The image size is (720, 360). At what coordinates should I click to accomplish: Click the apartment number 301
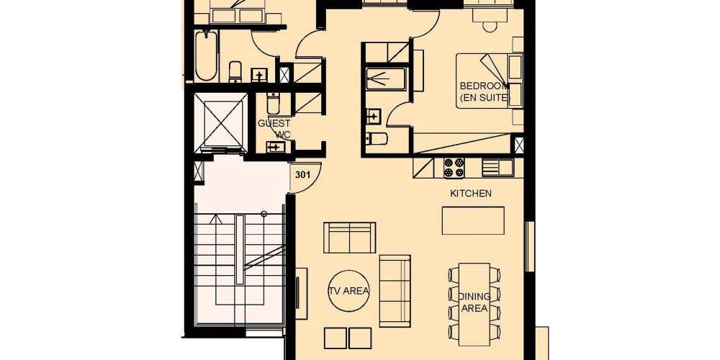(x=302, y=175)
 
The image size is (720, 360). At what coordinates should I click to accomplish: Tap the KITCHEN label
(x=471, y=193)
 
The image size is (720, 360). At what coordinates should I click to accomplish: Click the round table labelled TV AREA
(x=349, y=291)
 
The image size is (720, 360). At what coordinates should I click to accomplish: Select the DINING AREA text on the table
(x=474, y=302)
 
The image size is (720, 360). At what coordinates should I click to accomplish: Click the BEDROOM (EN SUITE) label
(x=485, y=91)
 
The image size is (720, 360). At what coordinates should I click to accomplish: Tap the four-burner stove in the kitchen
(x=454, y=168)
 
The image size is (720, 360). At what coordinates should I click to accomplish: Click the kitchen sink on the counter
(x=498, y=168)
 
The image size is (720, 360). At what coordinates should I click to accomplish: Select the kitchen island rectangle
(x=473, y=220)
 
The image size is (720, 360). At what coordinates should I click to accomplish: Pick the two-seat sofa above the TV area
(x=349, y=238)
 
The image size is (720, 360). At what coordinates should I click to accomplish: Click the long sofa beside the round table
(x=395, y=291)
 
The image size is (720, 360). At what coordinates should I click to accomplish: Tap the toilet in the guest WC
(x=273, y=104)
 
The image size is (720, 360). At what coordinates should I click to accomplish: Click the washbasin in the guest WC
(x=276, y=147)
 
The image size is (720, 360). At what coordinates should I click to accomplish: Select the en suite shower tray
(x=386, y=79)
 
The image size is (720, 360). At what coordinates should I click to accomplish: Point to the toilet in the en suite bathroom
(x=377, y=138)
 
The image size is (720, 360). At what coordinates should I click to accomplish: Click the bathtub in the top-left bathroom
(x=206, y=55)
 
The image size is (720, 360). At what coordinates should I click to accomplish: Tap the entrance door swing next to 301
(x=307, y=178)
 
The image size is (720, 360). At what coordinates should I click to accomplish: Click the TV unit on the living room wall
(x=301, y=294)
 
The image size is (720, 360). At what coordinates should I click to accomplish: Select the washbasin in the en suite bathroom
(x=374, y=116)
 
